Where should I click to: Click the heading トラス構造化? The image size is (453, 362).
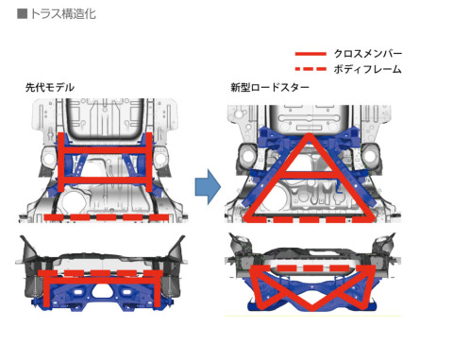[x=63, y=14]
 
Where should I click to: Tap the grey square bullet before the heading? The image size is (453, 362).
[x=22, y=14]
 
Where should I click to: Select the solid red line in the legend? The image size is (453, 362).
[x=310, y=54]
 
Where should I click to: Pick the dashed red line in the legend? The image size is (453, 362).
[x=310, y=69]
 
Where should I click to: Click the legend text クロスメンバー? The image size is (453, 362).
[x=368, y=54]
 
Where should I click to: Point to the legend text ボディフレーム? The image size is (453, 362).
[x=368, y=69]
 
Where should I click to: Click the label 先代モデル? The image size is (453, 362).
[x=50, y=87]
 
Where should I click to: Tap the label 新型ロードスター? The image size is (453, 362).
[x=270, y=87]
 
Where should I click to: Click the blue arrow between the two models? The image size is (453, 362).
[x=208, y=186]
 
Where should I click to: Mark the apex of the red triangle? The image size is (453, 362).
[x=310, y=135]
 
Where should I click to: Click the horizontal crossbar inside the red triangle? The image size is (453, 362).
[x=310, y=175]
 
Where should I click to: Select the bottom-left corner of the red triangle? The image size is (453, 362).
[x=247, y=218]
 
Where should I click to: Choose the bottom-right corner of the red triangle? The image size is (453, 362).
[x=372, y=218]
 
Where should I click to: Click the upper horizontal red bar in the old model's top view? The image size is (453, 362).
[x=106, y=149]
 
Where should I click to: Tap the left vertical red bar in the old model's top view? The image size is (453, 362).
[x=61, y=163]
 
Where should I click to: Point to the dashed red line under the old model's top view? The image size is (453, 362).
[x=107, y=217]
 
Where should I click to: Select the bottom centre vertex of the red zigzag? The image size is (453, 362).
[x=312, y=307]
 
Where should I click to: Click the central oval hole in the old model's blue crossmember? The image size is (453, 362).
[x=101, y=292]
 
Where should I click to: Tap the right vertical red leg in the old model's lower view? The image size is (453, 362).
[x=157, y=289]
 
